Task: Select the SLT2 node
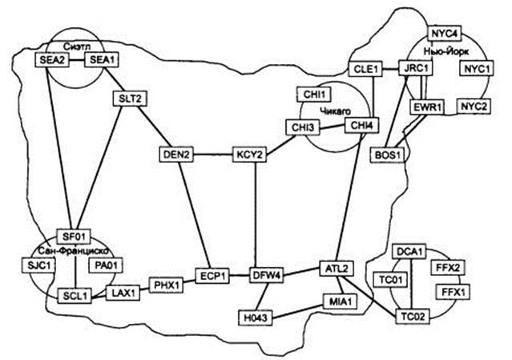(127, 99)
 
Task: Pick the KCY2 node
(248, 154)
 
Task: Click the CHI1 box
(311, 94)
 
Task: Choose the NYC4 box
(444, 34)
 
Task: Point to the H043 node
(256, 318)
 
